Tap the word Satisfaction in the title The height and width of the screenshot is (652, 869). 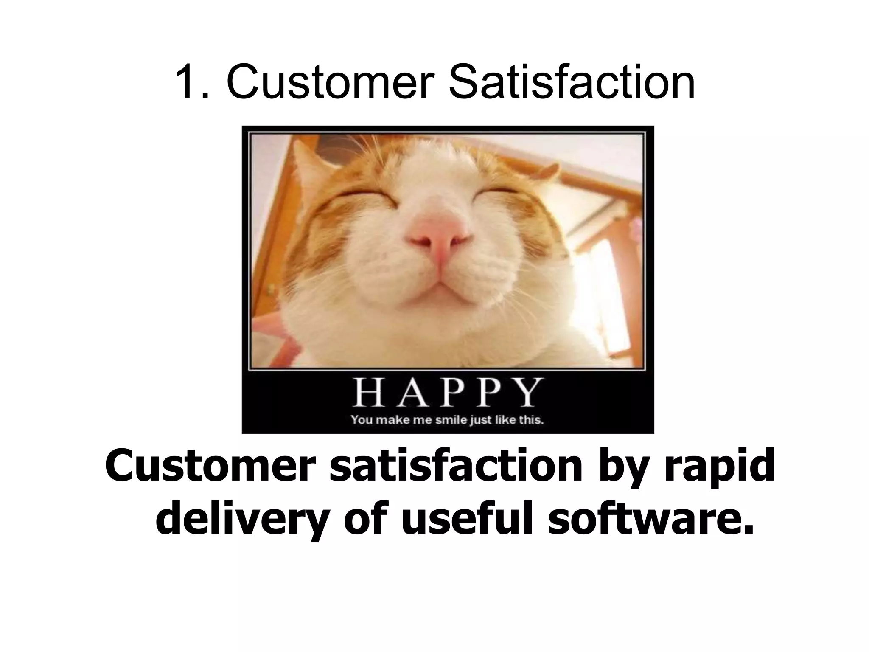pos(571,81)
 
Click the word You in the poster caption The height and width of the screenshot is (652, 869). pos(361,420)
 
